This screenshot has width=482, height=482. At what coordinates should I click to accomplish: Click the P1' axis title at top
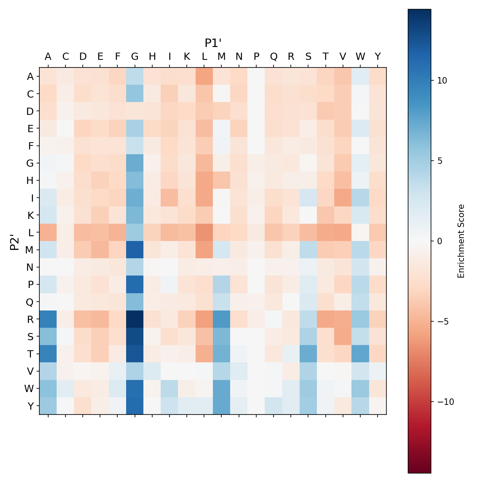coord(213,43)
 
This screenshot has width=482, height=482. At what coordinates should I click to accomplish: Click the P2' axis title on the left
coord(14,241)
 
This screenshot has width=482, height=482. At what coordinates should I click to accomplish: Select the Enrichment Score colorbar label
coord(461,241)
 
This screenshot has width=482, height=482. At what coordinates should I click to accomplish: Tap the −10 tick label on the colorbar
coord(444,402)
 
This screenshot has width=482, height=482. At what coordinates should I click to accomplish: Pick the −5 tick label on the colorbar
coord(442,322)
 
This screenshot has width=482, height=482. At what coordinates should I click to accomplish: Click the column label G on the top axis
coord(135,57)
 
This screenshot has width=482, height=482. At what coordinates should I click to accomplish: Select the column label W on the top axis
coord(360,57)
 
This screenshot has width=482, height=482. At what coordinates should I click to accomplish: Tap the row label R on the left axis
coord(30,319)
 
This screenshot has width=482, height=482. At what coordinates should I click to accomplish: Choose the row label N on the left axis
coord(30,267)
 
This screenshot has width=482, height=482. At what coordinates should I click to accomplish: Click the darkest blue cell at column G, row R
coord(135,319)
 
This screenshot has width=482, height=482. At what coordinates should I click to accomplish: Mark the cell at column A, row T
coord(48,353)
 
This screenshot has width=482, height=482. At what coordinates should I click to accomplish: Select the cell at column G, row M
coord(135,250)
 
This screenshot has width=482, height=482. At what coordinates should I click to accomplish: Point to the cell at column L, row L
coord(204,232)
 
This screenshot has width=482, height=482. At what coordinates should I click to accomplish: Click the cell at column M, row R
coord(222,319)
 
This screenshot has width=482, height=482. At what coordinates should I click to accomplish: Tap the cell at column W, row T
coord(360,353)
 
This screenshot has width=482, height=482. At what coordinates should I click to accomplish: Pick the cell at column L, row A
coord(204,76)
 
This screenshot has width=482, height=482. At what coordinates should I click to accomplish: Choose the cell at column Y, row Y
coord(378,406)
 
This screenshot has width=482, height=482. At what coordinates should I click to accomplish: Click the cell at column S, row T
coord(308,353)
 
